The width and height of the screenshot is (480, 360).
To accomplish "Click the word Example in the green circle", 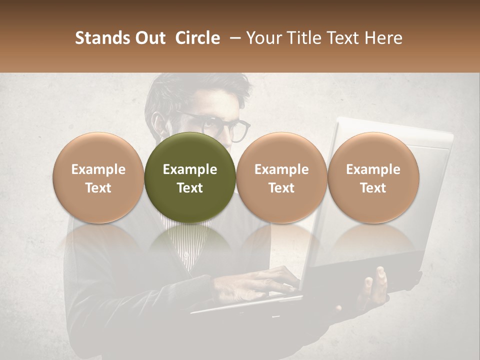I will [x=190, y=169].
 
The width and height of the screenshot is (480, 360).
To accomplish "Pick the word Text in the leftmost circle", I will [x=98, y=188].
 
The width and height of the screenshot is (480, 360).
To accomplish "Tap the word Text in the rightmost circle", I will [x=373, y=188].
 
